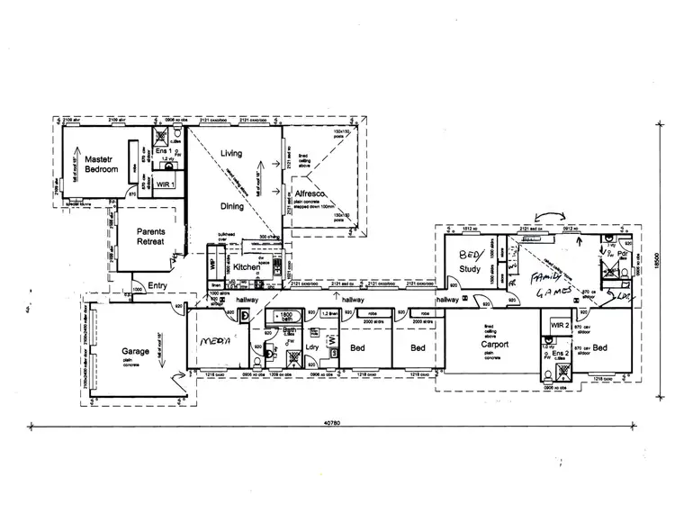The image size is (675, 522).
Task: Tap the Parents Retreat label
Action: (150, 237)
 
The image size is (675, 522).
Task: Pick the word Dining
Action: (233, 205)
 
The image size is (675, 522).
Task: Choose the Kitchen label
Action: (247, 266)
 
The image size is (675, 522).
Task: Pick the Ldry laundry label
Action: (314, 346)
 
